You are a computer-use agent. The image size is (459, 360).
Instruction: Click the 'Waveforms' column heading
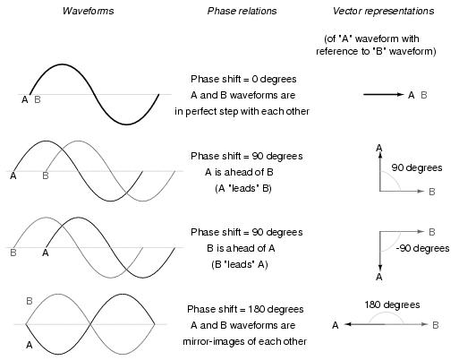click(88, 11)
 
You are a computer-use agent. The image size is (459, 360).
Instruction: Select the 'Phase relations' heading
click(242, 11)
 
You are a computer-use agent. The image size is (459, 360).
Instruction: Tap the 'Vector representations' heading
click(383, 11)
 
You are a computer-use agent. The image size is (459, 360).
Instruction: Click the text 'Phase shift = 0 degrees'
click(243, 79)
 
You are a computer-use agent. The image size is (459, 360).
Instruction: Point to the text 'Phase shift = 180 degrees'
click(245, 309)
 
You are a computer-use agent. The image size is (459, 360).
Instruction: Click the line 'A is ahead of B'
click(239, 172)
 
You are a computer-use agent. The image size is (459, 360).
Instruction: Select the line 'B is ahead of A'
click(241, 248)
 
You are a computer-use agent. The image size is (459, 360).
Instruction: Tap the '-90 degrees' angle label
click(422, 248)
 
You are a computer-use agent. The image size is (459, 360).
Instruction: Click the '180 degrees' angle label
click(392, 304)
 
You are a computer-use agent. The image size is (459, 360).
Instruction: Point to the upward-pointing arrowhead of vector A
click(379, 156)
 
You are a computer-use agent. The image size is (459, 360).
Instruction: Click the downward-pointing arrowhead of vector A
click(379, 267)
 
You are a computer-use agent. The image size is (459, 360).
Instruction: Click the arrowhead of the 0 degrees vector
click(400, 94)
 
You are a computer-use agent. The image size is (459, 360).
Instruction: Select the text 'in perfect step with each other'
click(242, 111)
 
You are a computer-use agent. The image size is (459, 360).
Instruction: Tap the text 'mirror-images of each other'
click(244, 341)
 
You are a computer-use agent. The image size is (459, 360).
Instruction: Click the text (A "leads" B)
click(243, 189)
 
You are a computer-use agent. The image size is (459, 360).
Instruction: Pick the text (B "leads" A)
click(240, 265)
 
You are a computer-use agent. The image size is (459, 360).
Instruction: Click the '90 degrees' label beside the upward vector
click(417, 167)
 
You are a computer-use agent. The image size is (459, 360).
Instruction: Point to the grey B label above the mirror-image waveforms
click(30, 301)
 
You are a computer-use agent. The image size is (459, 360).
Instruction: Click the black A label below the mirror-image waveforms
click(29, 345)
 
